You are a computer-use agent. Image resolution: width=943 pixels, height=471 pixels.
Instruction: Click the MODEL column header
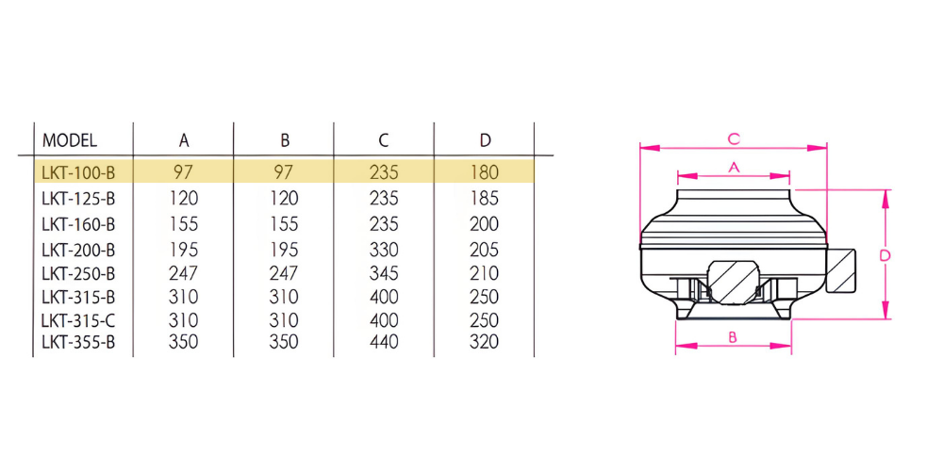pyautogui.click(x=69, y=140)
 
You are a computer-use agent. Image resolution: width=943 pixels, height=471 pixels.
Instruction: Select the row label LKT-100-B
pyautogui.click(x=78, y=173)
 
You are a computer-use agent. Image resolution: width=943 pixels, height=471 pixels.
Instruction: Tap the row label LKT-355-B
pyautogui.click(x=78, y=343)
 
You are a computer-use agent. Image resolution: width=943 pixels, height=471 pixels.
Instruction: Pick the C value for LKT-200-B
pyautogui.click(x=384, y=249)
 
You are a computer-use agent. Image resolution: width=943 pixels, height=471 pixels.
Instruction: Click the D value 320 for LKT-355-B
pyautogui.click(x=484, y=342)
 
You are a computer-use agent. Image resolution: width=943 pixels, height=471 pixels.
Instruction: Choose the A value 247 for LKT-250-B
pyautogui.click(x=184, y=273)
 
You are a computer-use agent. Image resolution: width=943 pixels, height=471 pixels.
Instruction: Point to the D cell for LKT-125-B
pyautogui.click(x=484, y=198)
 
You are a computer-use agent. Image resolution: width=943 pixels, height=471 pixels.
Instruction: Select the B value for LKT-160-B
pyautogui.click(x=284, y=224)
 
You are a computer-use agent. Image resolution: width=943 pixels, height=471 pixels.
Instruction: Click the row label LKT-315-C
pyautogui.click(x=78, y=319)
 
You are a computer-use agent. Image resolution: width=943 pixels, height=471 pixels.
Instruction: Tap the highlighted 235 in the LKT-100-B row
pyautogui.click(x=384, y=173)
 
